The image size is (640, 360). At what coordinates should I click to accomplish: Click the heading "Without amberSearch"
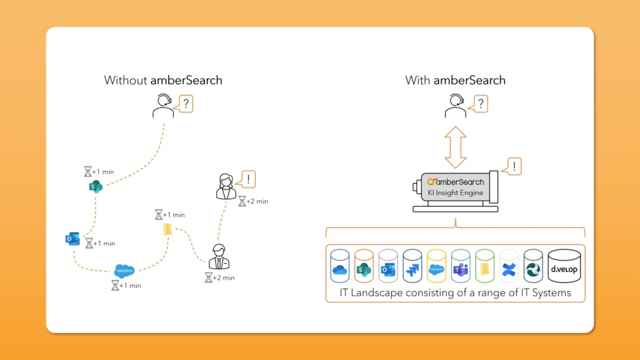(x=163, y=80)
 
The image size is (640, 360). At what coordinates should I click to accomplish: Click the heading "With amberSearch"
(x=455, y=80)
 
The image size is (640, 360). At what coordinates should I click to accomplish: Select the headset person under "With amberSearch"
(x=455, y=106)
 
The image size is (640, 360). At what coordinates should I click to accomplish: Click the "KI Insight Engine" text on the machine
(x=454, y=192)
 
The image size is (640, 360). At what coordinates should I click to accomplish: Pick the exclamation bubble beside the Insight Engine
(x=512, y=167)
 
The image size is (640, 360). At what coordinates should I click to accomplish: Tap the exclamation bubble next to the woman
(x=248, y=180)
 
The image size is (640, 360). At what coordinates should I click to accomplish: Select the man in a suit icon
(x=217, y=257)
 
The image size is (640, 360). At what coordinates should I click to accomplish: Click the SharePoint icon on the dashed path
(x=96, y=186)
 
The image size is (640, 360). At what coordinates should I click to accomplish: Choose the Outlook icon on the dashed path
(x=72, y=239)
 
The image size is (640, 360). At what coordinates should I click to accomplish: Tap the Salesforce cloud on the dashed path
(x=124, y=270)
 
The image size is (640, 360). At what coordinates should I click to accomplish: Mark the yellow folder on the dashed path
(x=167, y=229)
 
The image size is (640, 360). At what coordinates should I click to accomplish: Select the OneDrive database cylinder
(x=339, y=267)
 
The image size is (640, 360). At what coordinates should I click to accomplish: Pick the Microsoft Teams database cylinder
(x=461, y=267)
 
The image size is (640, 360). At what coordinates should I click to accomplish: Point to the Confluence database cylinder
(x=509, y=267)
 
